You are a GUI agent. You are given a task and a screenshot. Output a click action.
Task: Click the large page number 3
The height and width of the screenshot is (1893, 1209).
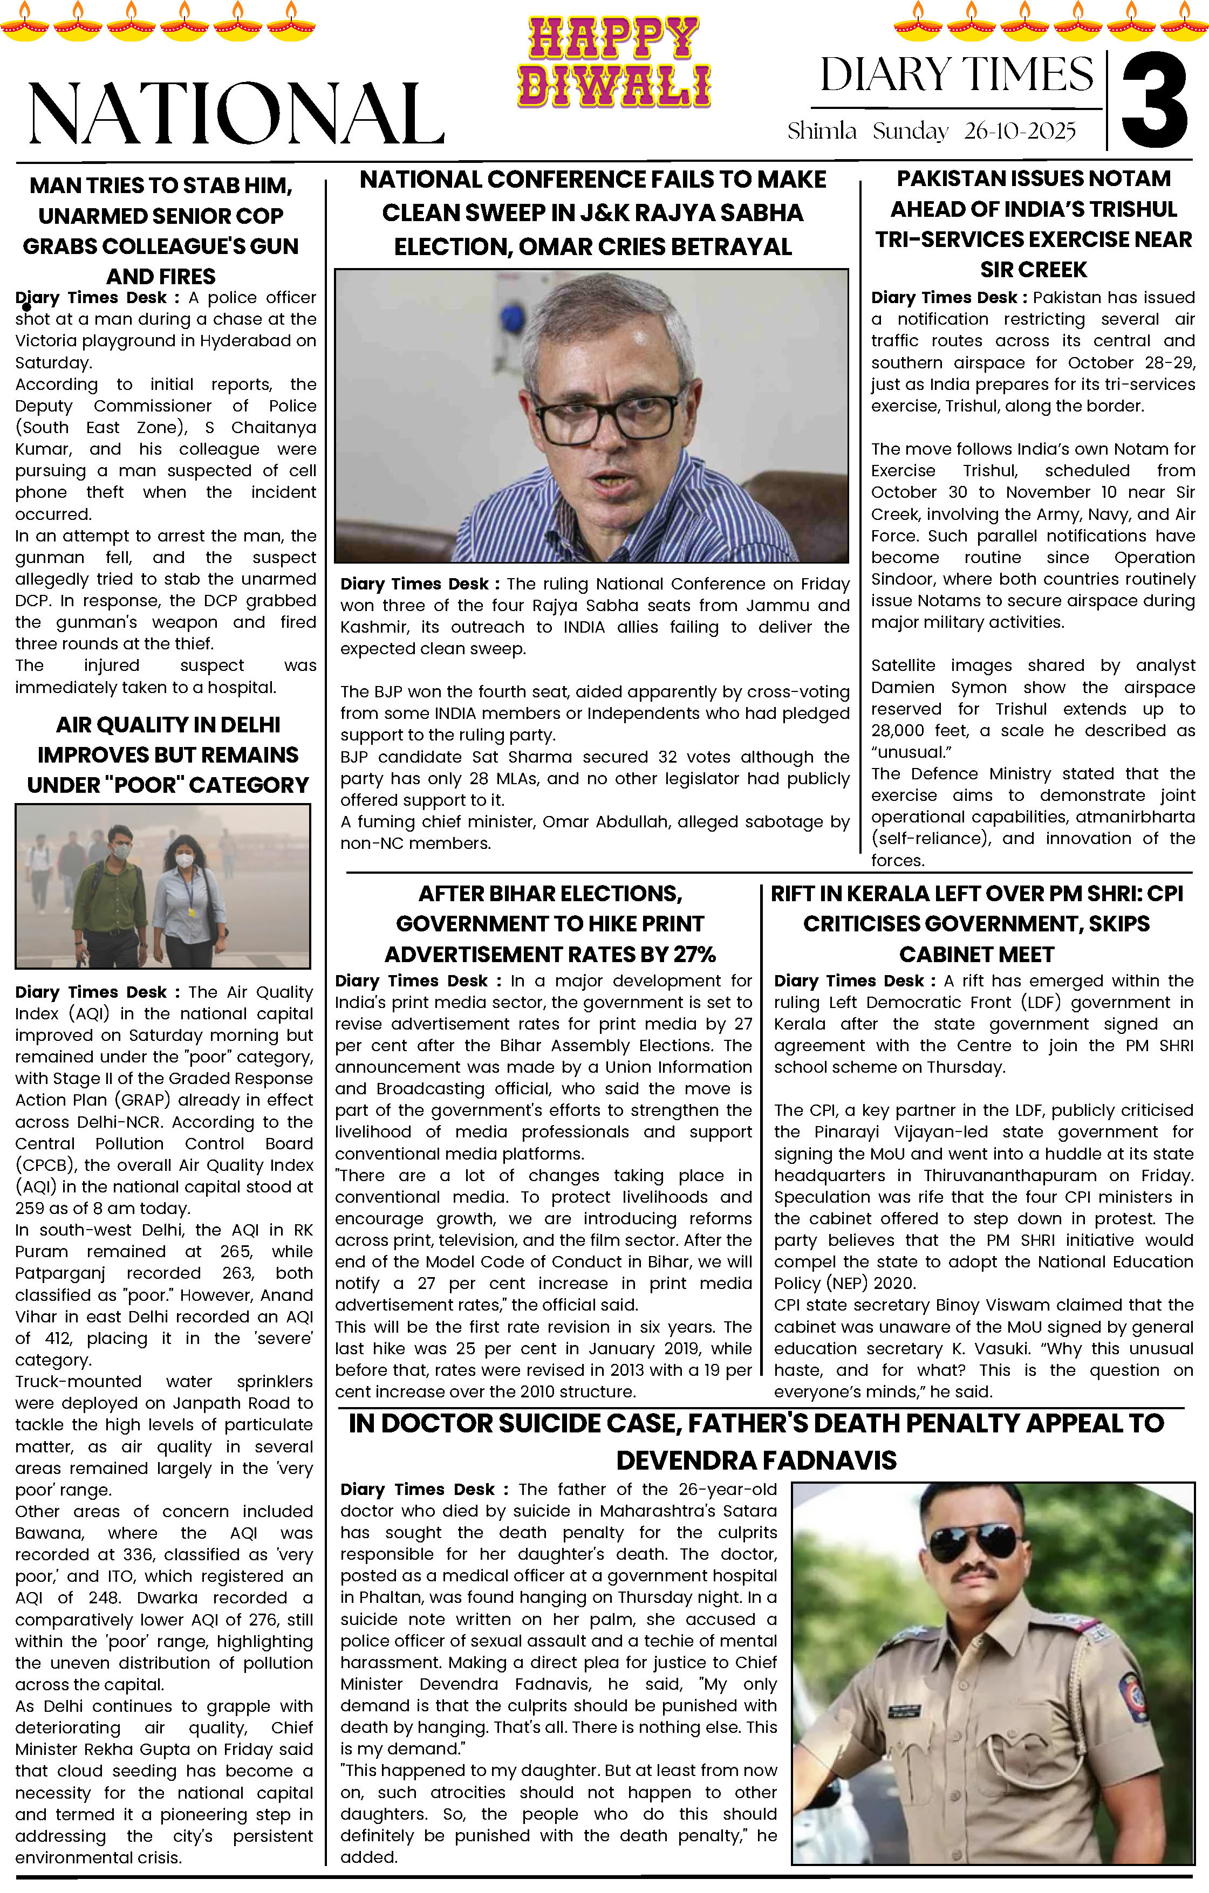[x=1154, y=101]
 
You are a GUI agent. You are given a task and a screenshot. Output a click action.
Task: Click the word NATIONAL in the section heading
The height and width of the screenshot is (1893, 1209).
[x=236, y=114]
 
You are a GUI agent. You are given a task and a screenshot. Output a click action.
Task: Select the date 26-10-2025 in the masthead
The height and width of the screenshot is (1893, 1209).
[x=1020, y=131]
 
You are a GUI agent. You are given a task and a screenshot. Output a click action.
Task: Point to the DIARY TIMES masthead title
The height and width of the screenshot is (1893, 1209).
[x=957, y=74]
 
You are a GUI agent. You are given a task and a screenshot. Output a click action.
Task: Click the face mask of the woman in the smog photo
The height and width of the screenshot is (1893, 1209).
[x=184, y=860]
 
